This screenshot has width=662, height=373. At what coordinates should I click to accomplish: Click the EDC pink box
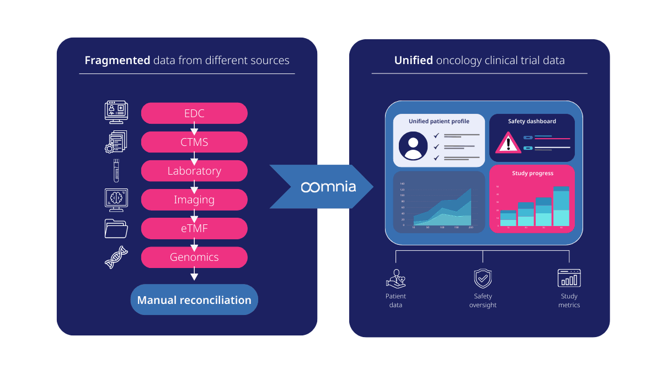click(194, 114)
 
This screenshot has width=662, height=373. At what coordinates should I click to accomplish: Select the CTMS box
click(194, 142)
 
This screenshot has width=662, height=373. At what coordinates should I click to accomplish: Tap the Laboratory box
click(194, 171)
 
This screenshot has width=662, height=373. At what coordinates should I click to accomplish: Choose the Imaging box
click(194, 199)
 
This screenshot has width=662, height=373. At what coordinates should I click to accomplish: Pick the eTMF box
click(194, 228)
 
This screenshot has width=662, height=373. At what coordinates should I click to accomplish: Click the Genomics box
click(194, 257)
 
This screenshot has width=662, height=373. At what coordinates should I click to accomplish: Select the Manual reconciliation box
click(194, 300)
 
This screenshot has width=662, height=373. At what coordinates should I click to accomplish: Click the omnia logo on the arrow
click(328, 187)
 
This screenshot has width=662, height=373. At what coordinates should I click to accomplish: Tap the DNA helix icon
click(116, 257)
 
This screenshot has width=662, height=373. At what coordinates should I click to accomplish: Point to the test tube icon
click(116, 170)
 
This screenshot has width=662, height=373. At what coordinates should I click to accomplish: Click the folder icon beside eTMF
click(116, 228)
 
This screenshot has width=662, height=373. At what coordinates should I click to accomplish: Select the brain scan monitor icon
click(116, 199)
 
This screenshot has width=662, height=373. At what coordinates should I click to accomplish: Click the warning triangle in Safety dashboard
click(508, 143)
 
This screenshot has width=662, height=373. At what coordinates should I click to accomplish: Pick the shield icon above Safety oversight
click(483, 279)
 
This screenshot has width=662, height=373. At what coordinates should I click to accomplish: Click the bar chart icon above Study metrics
click(569, 279)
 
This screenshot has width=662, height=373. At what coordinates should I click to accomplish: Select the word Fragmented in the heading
click(117, 60)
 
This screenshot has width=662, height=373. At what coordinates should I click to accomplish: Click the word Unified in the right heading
click(413, 60)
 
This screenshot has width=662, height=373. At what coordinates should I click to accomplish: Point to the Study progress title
click(532, 174)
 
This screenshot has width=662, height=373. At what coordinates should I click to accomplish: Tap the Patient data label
click(396, 301)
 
